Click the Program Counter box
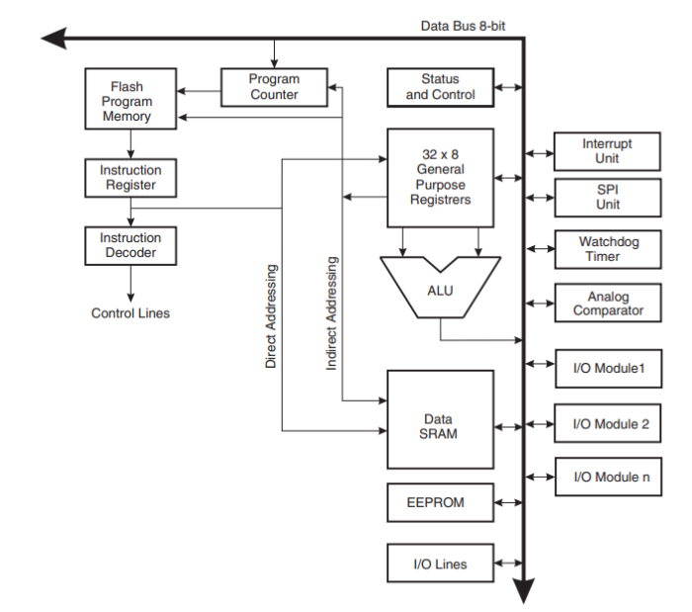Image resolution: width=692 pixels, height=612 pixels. click(274, 87)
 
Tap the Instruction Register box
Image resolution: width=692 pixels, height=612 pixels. click(130, 178)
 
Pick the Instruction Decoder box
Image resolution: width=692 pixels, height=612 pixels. click(130, 245)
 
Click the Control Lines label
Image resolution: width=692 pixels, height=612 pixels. click(130, 313)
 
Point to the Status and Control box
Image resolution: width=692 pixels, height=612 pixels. click(440, 87)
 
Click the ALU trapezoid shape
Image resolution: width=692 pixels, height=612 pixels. click(440, 291)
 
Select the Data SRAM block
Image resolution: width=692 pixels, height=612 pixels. click(440, 419)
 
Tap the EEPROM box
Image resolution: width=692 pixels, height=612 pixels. click(440, 502)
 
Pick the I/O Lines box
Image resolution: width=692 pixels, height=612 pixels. click(440, 565)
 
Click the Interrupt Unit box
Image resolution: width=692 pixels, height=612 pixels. click(607, 151)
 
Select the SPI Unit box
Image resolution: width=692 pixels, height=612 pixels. click(607, 198)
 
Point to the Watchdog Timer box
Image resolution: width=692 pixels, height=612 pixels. click(607, 249)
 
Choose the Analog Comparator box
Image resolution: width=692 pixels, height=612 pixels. click(607, 303)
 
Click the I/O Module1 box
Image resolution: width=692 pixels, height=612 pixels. click(607, 369)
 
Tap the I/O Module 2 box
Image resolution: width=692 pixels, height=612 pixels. click(607, 424)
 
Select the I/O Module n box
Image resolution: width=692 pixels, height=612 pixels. click(607, 478)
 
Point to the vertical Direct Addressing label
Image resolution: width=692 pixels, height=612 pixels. click(271, 316)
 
